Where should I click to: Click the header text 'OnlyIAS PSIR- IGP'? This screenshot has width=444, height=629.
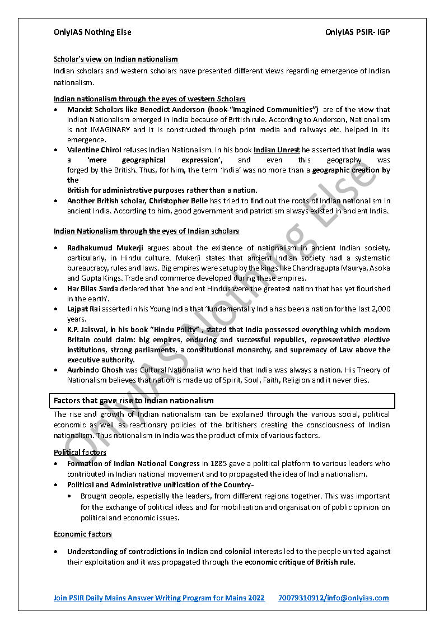coord(357,32)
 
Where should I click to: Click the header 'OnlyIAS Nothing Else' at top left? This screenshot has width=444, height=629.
coord(92,32)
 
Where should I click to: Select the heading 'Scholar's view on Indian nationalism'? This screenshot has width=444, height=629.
coord(116,59)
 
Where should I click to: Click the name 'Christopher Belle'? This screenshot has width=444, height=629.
coord(180,201)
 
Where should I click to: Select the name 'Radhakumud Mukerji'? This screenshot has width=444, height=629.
coord(103,248)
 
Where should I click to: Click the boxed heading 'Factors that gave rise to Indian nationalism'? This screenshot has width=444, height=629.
coord(134,400)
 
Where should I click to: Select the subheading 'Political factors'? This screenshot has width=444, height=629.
coord(80,452)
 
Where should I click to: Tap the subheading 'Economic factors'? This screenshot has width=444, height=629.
coord(83,534)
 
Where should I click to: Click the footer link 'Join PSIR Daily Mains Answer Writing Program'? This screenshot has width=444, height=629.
coord(159,598)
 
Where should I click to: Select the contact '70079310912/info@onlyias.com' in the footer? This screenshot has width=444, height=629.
coord(333,598)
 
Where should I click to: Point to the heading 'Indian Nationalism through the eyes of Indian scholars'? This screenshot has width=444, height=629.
coord(146,231)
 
